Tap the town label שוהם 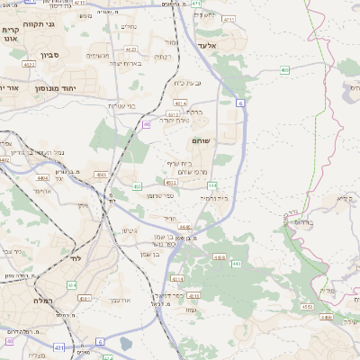pos(200,141)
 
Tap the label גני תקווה pos(39,24)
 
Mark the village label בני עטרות pos(121,106)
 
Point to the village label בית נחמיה pos(212,197)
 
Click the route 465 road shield pos(284,68)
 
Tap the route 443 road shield pos(237,265)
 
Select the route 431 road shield pos(59,346)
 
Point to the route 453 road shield pos(137,186)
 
